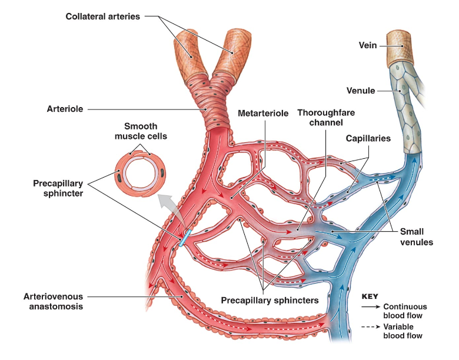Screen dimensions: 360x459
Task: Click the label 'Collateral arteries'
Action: [x=103, y=16]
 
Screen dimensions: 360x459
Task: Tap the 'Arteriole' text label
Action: [x=65, y=109]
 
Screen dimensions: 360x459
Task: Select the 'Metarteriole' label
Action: [x=263, y=113]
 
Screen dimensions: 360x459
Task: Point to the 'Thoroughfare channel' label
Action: [x=326, y=118]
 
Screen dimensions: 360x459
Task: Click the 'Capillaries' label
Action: [x=368, y=138]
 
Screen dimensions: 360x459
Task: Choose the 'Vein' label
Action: [x=368, y=45]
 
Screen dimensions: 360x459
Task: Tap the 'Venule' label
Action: [x=361, y=91]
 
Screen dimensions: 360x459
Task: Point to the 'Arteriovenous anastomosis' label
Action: [x=54, y=301]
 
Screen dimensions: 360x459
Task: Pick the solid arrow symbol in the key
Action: [x=369, y=306]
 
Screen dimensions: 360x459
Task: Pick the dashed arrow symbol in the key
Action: [x=369, y=326]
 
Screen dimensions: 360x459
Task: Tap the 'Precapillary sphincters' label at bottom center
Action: [x=270, y=301]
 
